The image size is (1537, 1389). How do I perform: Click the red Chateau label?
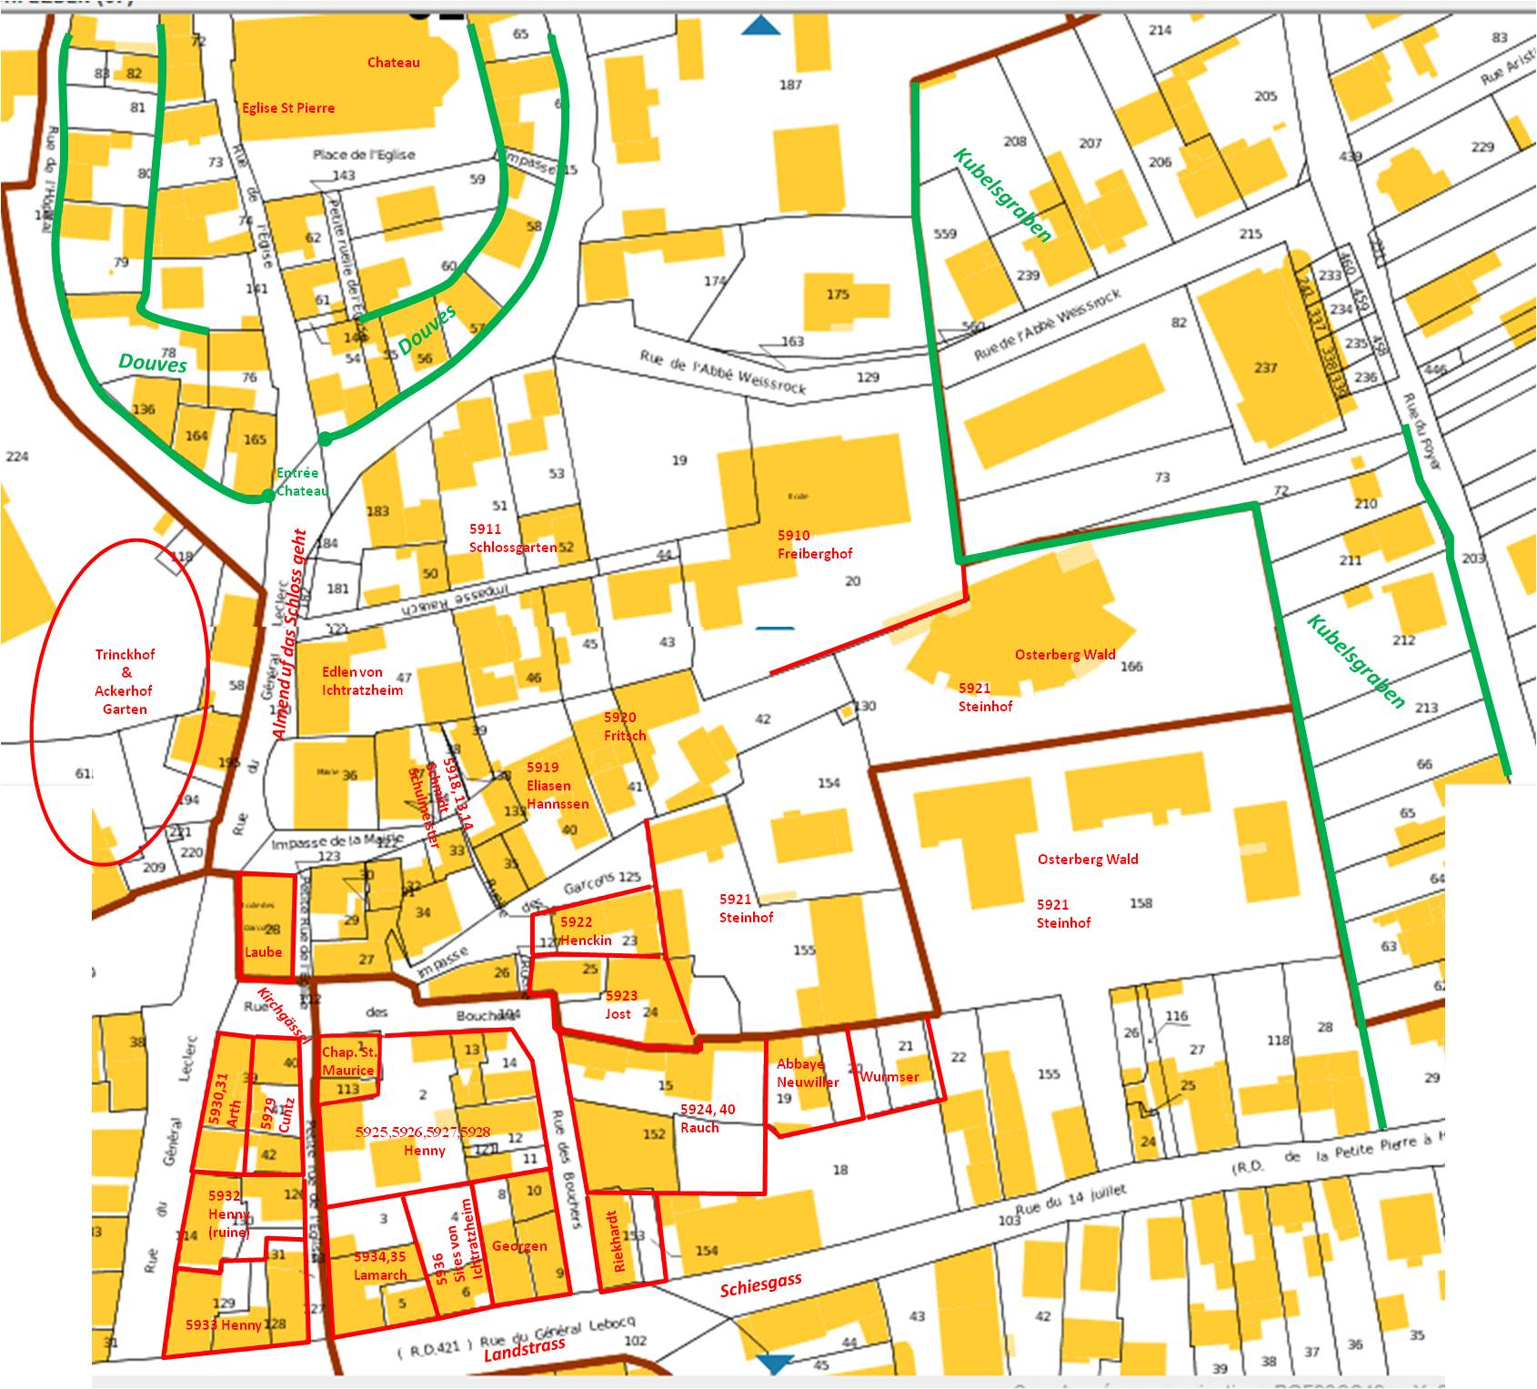393,63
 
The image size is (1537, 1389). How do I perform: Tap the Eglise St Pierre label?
287,107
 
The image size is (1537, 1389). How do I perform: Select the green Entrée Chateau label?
301,482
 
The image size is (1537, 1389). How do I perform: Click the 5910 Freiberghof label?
814,544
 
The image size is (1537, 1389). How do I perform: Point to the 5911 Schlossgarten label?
511,538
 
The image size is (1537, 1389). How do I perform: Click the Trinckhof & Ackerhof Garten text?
125,681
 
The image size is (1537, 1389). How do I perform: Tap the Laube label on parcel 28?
263,952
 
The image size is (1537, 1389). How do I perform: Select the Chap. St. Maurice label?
348,1062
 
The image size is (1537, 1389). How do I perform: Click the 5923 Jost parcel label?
621,1004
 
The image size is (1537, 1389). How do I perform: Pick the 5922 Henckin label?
586,931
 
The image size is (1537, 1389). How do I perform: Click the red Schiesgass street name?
760,1284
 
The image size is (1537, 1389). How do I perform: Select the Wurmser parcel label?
889,1076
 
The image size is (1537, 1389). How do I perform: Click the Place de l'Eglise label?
364,155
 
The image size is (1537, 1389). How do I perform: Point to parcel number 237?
1265,367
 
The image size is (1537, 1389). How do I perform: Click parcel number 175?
837,294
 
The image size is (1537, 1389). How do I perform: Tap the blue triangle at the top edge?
760,25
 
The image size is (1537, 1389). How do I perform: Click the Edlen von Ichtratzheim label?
362,680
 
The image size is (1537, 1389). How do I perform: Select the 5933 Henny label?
224,1324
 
